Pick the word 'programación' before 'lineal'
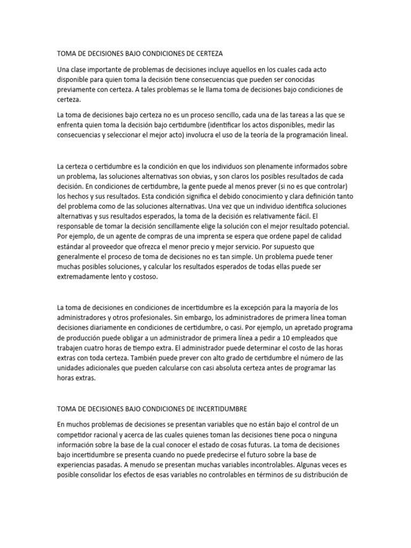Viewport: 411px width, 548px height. (311, 135)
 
